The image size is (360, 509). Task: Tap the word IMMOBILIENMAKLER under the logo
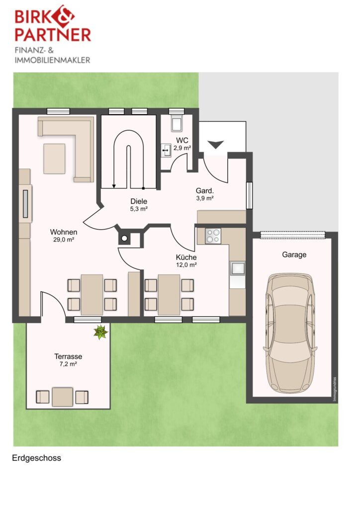[52, 60]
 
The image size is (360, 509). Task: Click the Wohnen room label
[64, 232]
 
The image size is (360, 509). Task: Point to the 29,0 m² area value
[64, 240]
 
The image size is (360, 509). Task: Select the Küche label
[186, 257]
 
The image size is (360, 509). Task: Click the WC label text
[182, 141]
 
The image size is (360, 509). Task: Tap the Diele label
[139, 201]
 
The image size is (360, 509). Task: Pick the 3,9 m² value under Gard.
[204, 198]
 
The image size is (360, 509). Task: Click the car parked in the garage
[290, 333]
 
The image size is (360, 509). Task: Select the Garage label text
[294, 254]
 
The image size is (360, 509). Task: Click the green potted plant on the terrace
[100, 332]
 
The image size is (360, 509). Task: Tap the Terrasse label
[68, 356]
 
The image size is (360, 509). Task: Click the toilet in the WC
[177, 123]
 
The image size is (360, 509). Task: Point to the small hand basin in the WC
[167, 151]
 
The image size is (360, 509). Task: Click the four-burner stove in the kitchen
[213, 236]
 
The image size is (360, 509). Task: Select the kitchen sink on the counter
[237, 269]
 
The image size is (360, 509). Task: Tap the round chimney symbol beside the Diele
[124, 239]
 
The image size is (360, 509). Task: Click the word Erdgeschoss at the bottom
[36, 458]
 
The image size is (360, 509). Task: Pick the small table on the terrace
[62, 397]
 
